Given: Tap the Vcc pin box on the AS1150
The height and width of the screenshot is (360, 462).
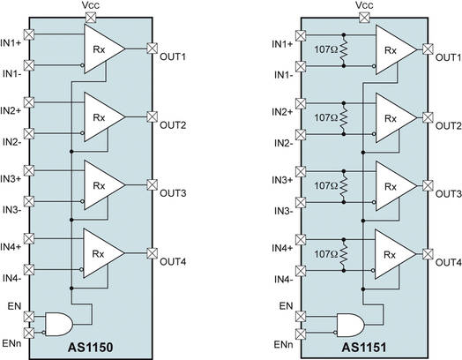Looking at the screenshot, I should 93,15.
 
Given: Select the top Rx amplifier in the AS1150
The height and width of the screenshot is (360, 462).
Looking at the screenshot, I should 101,49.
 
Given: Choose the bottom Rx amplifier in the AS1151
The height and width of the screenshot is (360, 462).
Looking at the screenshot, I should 391,253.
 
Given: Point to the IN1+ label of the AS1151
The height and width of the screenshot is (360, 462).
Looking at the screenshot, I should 282,43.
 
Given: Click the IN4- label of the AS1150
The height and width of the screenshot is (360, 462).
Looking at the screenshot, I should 11,279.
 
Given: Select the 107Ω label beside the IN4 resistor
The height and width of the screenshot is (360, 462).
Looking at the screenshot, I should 324,255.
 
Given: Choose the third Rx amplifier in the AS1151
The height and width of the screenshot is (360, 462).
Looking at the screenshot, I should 391,185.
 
